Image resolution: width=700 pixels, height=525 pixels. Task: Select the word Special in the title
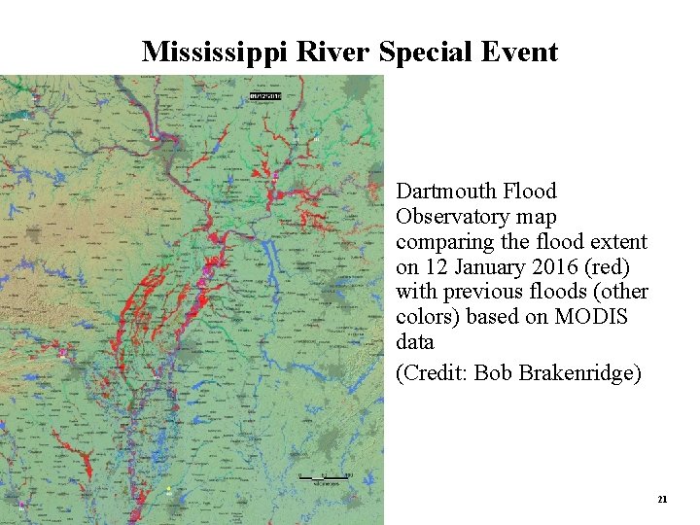423,52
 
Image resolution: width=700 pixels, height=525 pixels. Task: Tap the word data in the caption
415,342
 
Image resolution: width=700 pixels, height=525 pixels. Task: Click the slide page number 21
662,499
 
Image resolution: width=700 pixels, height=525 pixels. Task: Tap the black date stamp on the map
264,96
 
